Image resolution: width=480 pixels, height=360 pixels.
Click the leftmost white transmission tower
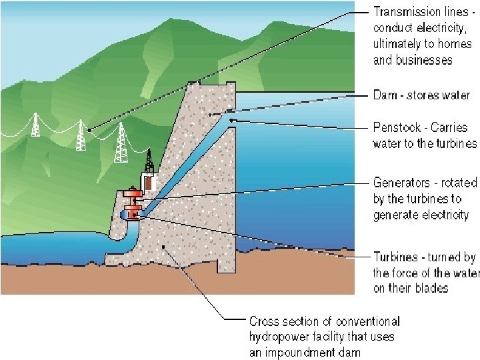click(36, 125)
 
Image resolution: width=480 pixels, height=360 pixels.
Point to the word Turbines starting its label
click(393, 257)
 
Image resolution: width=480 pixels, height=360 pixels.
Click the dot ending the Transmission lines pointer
click(89, 129)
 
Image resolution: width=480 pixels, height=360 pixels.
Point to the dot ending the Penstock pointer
click(231, 120)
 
